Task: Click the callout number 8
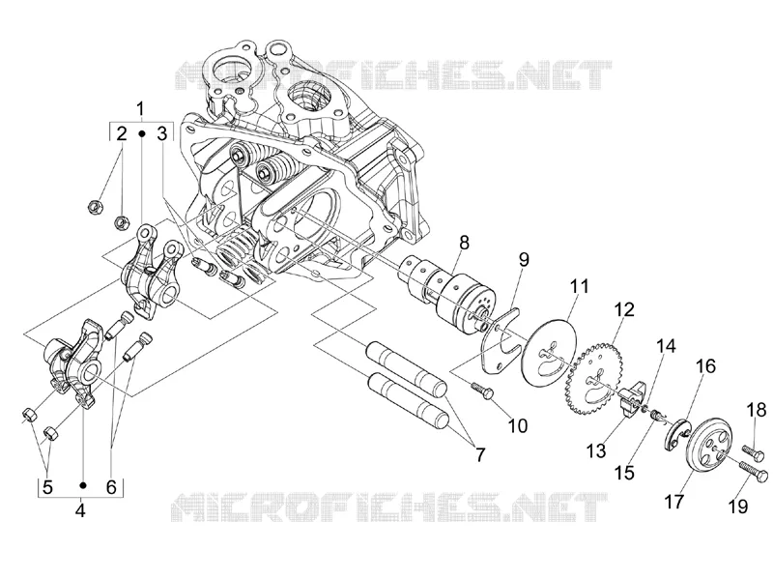click(x=464, y=243)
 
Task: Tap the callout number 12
click(x=624, y=310)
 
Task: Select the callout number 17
click(x=674, y=502)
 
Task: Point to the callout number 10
click(x=518, y=425)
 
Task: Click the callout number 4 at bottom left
click(x=80, y=510)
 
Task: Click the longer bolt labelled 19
click(x=754, y=469)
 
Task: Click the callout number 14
click(x=666, y=346)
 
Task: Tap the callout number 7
click(x=479, y=454)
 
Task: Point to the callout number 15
click(x=624, y=472)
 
